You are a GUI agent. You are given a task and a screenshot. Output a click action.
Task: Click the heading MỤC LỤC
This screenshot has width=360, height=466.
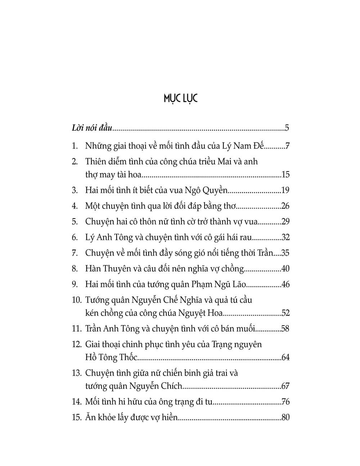(180, 98)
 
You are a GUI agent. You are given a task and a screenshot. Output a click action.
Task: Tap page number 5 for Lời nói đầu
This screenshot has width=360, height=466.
(287, 128)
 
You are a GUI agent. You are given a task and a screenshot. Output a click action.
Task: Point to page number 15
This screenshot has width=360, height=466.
(285, 175)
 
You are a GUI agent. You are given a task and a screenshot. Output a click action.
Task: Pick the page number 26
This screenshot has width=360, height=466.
(285, 206)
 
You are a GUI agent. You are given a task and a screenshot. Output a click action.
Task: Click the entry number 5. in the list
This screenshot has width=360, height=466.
(75, 222)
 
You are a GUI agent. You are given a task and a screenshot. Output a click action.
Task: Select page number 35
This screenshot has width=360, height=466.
(285, 253)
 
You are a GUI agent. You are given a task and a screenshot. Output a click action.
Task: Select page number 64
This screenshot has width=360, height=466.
(285, 358)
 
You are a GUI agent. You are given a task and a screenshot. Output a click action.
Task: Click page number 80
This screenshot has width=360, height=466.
(285, 418)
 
